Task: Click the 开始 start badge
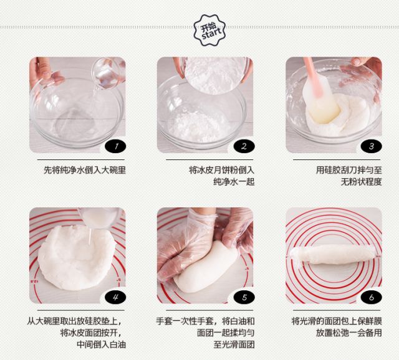[x=209, y=30]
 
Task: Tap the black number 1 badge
[x=115, y=146]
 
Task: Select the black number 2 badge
[x=244, y=146]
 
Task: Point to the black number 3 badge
[x=372, y=146]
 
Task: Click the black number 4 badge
[x=115, y=297]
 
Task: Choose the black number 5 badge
[x=244, y=297]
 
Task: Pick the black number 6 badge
[x=372, y=297]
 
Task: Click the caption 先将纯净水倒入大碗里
[x=85, y=170]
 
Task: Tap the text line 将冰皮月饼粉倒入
[x=221, y=170]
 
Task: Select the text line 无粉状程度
[x=362, y=181]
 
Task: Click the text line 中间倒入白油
[x=101, y=344]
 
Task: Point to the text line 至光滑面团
[x=234, y=344]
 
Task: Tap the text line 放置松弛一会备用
[x=349, y=333]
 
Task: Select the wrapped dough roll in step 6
[x=333, y=254]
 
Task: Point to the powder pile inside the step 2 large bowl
[x=198, y=126]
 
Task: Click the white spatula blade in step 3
[x=321, y=99]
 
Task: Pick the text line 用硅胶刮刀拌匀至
[x=349, y=170]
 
